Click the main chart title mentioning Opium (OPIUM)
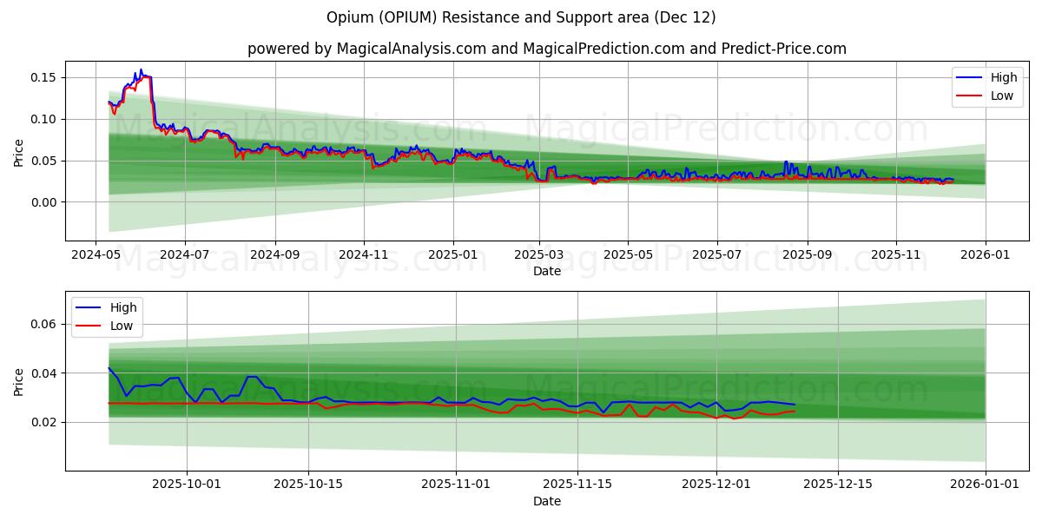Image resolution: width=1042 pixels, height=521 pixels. [521, 17]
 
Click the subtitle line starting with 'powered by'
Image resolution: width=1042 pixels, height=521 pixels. [546, 49]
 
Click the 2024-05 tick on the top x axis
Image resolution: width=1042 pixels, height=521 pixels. [96, 255]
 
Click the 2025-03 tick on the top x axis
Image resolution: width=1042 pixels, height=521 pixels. [539, 255]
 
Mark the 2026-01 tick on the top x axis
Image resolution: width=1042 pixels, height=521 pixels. [985, 255]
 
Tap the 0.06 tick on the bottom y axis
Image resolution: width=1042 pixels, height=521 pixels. [43, 324]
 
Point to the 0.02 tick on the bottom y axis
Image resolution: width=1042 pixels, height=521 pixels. [43, 423]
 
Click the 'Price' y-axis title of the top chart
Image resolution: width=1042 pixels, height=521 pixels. [19, 152]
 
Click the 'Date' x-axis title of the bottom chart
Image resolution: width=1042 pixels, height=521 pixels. [546, 501]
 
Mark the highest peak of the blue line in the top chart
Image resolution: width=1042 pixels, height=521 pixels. [142, 70]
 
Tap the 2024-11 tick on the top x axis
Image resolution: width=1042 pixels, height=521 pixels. [363, 255]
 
